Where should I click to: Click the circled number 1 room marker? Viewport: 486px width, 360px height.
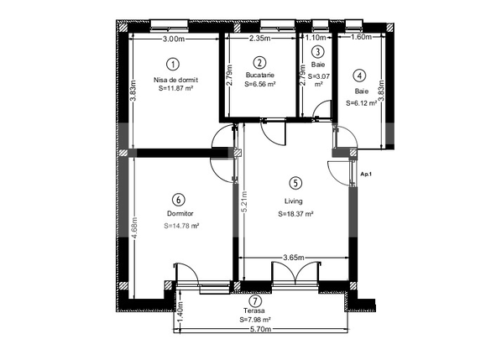(172, 64)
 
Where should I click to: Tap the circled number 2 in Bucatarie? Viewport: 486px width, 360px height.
(259, 62)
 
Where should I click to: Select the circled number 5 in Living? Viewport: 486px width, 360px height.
(295, 182)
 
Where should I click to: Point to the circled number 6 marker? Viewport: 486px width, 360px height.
(178, 200)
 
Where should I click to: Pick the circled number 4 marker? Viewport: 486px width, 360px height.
(359, 75)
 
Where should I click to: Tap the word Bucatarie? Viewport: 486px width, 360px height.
(260, 76)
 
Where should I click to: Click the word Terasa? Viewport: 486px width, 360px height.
(254, 311)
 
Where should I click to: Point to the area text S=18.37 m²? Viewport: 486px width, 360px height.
(295, 214)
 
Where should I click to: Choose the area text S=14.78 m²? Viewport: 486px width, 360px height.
(181, 226)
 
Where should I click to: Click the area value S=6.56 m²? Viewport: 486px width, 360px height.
(260, 85)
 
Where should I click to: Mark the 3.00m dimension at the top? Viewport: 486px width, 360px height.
(174, 39)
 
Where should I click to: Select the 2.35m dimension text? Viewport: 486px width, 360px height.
(261, 39)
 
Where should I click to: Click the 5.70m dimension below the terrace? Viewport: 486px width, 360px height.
(260, 329)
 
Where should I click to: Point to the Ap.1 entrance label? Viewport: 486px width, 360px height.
(365, 174)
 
